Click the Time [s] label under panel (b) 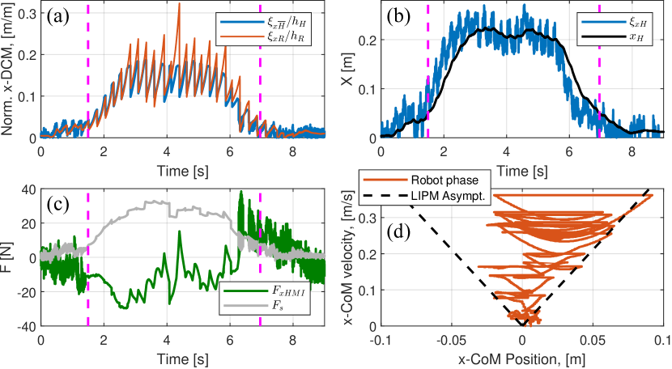point(522,172)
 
